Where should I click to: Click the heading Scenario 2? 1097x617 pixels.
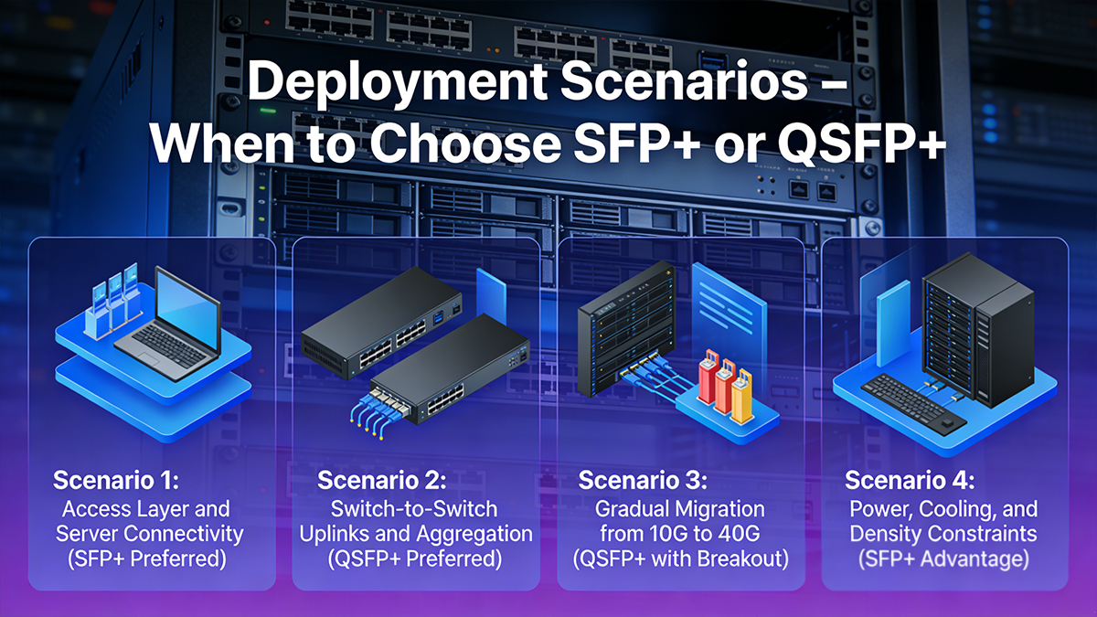point(381,480)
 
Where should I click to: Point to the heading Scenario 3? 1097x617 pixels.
point(644,480)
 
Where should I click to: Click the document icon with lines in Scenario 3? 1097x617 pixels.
point(728,311)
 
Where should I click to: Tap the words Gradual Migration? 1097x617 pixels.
point(680,507)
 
